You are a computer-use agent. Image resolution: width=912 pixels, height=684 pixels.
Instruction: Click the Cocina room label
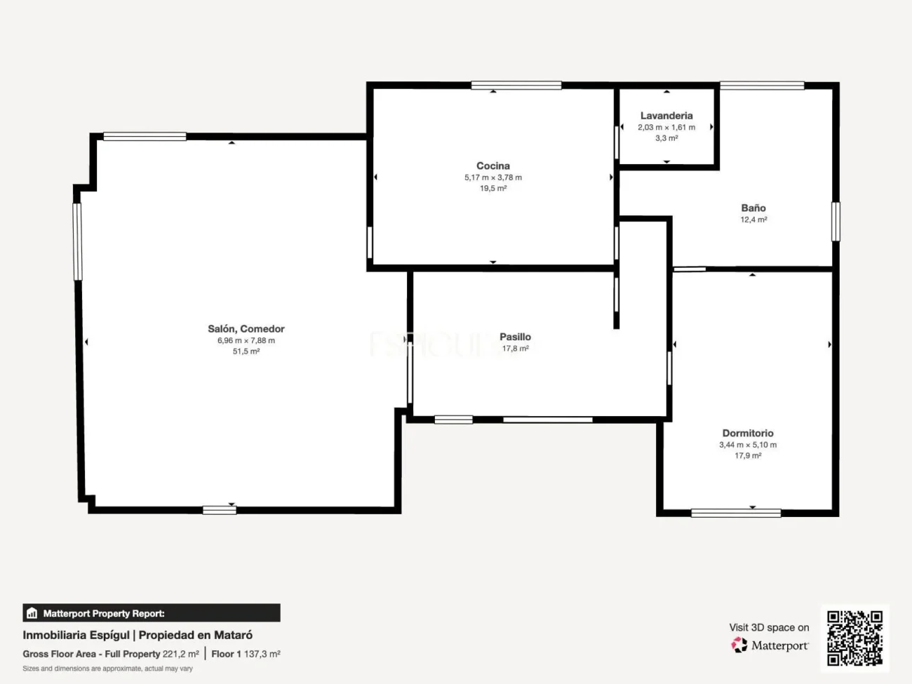tap(492, 166)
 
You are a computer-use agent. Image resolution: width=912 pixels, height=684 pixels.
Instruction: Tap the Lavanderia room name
tap(666, 116)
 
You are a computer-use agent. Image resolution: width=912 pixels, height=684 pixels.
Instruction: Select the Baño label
tap(753, 208)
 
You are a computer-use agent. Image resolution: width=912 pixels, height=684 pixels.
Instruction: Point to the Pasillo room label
tap(515, 337)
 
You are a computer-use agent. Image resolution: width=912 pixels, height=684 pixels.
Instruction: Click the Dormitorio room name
tap(748, 433)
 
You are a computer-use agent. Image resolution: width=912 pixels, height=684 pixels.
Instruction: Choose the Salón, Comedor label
tap(246, 328)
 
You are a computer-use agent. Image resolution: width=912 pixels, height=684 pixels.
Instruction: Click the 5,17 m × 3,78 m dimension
tap(493, 177)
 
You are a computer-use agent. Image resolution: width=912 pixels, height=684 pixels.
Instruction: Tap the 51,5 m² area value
tap(246, 351)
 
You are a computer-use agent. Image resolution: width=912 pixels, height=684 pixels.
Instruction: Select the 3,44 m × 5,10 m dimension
tap(748, 445)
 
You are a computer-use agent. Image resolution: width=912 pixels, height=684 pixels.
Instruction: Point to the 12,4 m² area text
tap(753, 220)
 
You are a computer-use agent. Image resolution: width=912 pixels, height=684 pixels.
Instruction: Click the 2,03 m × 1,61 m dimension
tap(666, 127)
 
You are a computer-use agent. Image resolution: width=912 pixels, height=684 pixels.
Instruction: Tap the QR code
tap(854, 638)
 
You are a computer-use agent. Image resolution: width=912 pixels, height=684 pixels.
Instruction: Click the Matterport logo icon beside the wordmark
tap(739, 645)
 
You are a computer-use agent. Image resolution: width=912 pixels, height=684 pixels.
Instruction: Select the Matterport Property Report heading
tap(104, 613)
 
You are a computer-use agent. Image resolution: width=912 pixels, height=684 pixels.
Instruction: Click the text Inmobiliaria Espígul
tap(76, 635)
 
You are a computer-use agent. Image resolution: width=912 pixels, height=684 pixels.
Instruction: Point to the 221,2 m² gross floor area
tap(181, 654)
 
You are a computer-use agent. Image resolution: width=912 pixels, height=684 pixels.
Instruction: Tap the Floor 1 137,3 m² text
tap(246, 654)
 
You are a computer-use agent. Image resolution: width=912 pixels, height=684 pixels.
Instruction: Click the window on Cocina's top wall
tap(516, 86)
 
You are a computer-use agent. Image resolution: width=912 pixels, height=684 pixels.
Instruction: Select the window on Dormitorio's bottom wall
tap(736, 514)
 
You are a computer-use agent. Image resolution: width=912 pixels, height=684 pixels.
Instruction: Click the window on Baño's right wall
tap(836, 222)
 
